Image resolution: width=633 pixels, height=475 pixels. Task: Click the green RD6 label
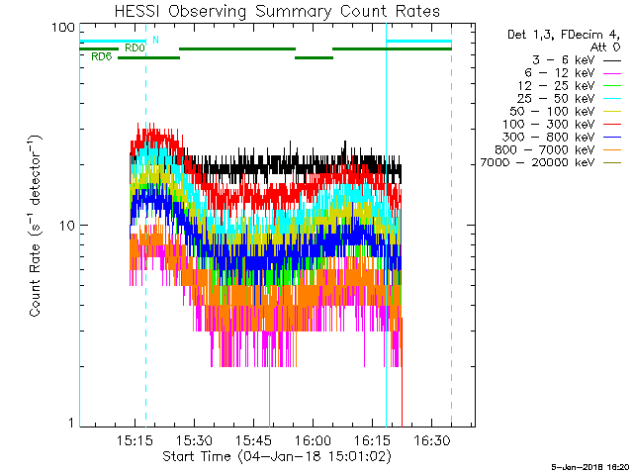(100, 57)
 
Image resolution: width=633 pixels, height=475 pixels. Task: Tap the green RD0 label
(135, 47)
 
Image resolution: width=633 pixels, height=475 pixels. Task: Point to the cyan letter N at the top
(154, 41)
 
